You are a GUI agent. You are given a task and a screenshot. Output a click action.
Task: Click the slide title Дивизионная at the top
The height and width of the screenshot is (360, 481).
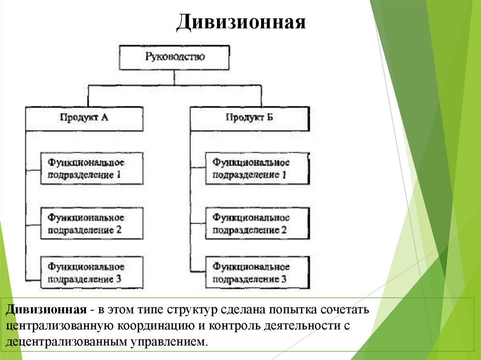tap(241, 22)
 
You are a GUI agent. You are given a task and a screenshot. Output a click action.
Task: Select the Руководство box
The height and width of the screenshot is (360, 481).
tap(175, 57)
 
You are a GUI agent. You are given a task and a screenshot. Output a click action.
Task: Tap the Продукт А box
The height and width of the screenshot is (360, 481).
tap(84, 118)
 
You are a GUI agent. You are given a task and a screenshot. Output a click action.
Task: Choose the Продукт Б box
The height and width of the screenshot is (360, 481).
tap(249, 118)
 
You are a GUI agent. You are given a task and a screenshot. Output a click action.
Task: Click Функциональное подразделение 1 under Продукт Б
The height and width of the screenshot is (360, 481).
tap(257, 169)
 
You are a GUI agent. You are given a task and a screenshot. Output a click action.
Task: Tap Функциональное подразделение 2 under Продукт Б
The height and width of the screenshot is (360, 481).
tap(257, 223)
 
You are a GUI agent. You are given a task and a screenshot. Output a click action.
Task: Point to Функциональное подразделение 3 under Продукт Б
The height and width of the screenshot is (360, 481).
tap(257, 273)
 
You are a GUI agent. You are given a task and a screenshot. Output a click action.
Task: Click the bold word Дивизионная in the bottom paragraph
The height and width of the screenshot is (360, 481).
tap(46, 311)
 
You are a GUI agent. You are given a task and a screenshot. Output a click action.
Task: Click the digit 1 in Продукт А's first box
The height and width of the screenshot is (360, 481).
tap(118, 175)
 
